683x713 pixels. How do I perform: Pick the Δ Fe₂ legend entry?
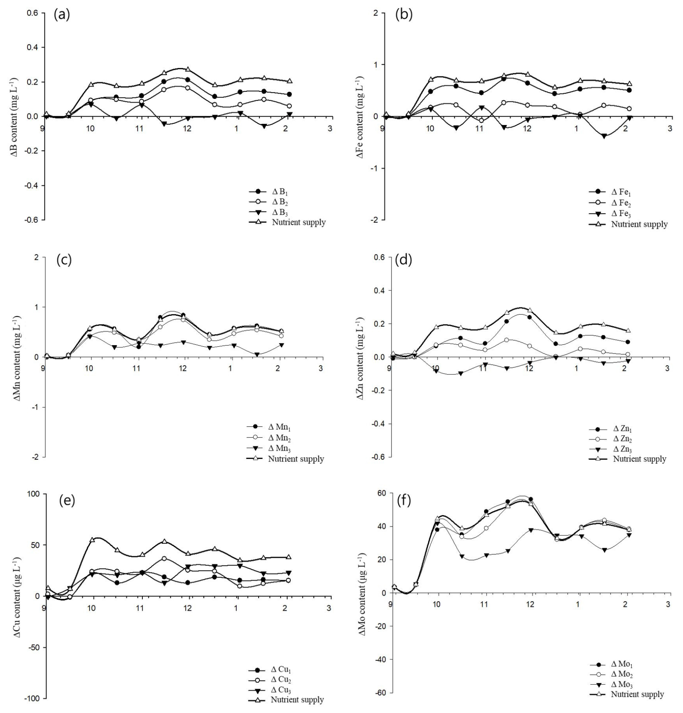click(x=621, y=203)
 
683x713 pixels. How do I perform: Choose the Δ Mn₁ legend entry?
click(x=279, y=427)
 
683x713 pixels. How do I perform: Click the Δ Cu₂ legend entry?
click(x=281, y=680)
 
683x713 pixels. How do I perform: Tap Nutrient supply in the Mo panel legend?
click(x=637, y=694)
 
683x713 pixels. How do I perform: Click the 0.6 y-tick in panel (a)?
click(x=32, y=13)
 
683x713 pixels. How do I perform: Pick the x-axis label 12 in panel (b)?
click(x=527, y=128)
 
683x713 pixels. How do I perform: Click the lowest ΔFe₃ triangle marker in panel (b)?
click(x=604, y=136)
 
